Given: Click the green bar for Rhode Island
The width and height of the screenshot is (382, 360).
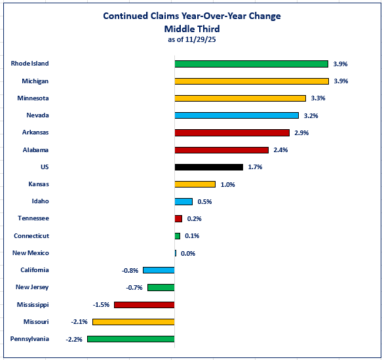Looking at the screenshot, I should coord(251,64).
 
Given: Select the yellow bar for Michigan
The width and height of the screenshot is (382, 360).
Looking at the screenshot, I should coord(251,81).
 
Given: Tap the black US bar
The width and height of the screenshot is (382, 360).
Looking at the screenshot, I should coord(208,167).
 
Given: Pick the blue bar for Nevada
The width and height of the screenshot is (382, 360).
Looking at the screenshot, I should coord(236,115).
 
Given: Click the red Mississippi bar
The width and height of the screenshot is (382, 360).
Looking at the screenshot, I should coord(144,305).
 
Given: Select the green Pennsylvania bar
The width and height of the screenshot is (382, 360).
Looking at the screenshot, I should coord(130,339).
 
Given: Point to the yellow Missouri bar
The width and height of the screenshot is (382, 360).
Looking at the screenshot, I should coord(133,322).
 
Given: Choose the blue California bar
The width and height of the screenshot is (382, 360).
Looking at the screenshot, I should coord(159,270).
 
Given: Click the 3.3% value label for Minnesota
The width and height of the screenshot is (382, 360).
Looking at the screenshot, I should coord(318,98).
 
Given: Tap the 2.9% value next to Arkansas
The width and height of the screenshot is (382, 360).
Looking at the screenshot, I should coord(301,133).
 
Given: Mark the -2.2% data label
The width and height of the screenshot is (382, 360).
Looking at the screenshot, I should coord(74,339).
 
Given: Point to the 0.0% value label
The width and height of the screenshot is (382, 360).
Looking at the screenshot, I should coord(188,254).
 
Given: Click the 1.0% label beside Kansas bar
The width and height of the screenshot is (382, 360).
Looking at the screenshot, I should coord(227,185).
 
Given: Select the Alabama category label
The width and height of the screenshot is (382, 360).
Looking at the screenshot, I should coord(35,150).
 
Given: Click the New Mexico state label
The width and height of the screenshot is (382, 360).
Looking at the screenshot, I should coord(31,253).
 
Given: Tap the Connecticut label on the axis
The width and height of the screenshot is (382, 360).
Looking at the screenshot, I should coord(31,236).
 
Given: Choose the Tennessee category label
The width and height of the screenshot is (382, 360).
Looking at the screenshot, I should coord(33,218).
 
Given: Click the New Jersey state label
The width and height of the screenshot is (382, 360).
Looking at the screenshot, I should coord(32,287).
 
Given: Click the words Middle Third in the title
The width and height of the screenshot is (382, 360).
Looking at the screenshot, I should coord(191,28).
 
